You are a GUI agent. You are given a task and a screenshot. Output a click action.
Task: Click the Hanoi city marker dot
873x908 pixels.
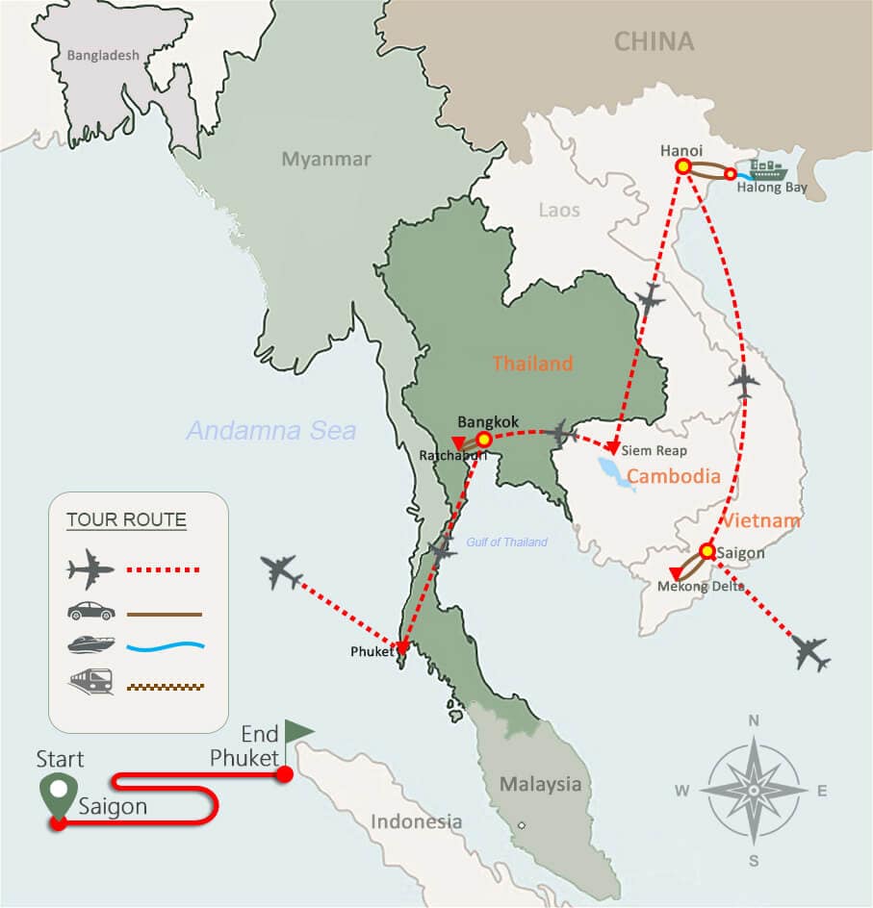pyautogui.click(x=683, y=165)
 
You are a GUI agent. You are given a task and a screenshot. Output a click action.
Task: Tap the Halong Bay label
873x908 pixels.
pyautogui.click(x=772, y=188)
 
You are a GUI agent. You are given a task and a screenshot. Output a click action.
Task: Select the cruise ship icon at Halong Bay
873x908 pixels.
pyautogui.click(x=768, y=170)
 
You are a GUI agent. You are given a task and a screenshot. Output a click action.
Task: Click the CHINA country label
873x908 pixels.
pyautogui.click(x=654, y=41)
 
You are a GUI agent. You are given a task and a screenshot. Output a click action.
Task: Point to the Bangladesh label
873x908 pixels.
pyautogui.click(x=103, y=56)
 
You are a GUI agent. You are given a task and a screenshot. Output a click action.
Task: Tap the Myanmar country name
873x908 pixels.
pyautogui.click(x=326, y=160)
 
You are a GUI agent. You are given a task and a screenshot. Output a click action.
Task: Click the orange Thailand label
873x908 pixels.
pyautogui.click(x=532, y=364)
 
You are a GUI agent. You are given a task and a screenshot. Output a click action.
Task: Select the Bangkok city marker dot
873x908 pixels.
pyautogui.click(x=484, y=440)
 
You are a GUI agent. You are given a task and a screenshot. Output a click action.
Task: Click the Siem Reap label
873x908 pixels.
pyautogui.click(x=654, y=450)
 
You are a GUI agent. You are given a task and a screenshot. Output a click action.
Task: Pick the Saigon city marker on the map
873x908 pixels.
pyautogui.click(x=707, y=551)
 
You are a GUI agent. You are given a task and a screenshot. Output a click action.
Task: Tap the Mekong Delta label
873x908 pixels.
pyautogui.click(x=701, y=586)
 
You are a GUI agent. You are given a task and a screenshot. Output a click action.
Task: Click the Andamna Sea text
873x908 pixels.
pyautogui.click(x=271, y=430)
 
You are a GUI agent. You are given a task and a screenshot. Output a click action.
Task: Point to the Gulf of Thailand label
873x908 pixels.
pyautogui.click(x=507, y=542)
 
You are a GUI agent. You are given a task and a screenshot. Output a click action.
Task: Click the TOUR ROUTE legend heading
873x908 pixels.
pyautogui.click(x=126, y=520)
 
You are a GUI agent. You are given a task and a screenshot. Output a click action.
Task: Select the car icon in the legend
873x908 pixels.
pyautogui.click(x=91, y=612)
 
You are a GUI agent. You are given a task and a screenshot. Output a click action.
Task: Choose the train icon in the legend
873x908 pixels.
pyautogui.click(x=91, y=683)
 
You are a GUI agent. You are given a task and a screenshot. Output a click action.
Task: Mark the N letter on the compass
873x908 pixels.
pyautogui.click(x=754, y=720)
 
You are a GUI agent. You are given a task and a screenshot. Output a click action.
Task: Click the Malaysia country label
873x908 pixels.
pyautogui.click(x=540, y=785)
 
